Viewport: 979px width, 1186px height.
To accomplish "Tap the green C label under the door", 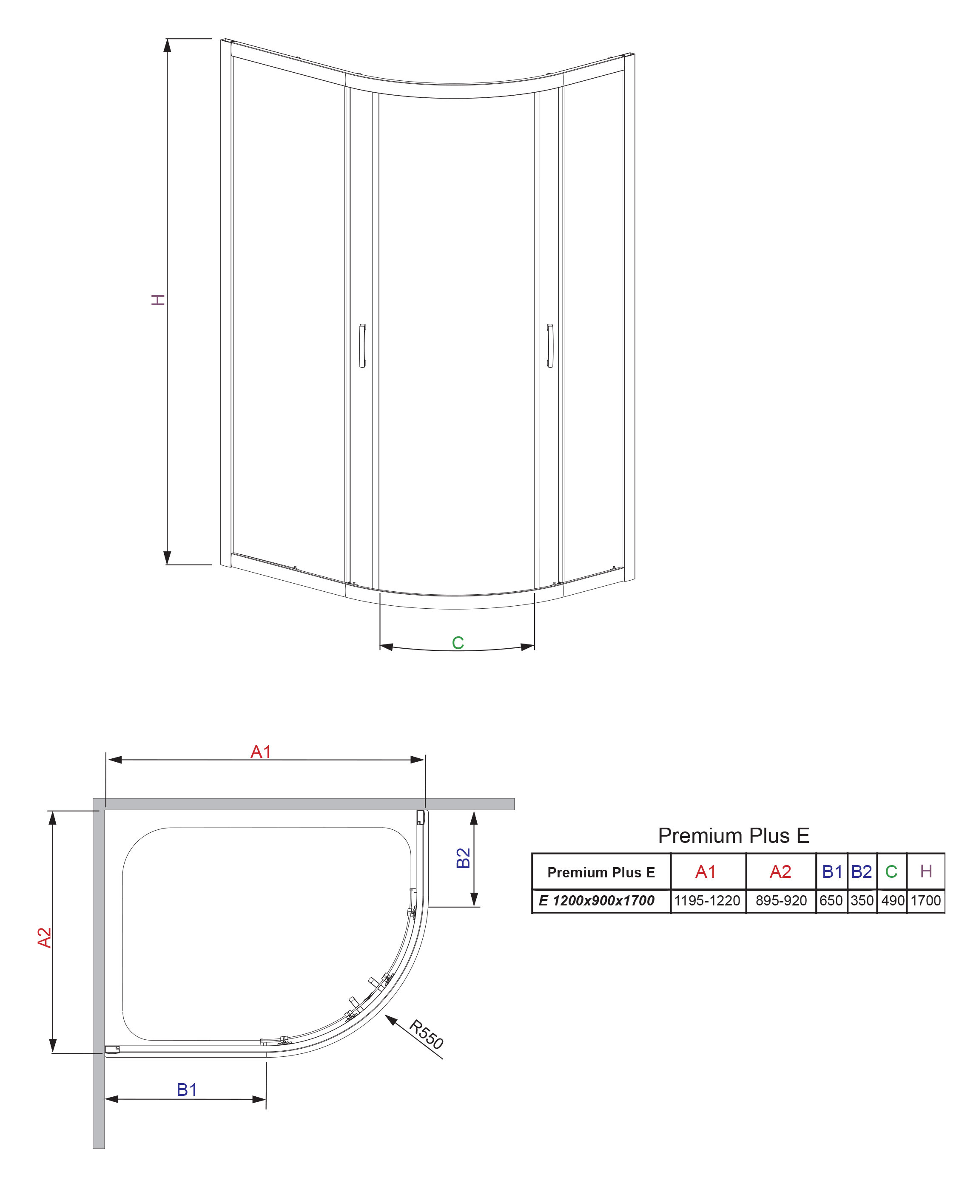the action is (458, 643).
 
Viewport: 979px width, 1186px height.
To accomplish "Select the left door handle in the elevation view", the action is (362, 346).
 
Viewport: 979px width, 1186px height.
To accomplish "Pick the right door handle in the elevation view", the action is (550, 346).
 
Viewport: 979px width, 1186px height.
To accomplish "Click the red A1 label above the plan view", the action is (261, 752).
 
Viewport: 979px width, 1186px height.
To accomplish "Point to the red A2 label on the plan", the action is (45, 937).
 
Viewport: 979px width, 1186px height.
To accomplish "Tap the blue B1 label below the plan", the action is (187, 1090).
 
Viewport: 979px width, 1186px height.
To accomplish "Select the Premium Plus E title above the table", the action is (734, 835).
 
